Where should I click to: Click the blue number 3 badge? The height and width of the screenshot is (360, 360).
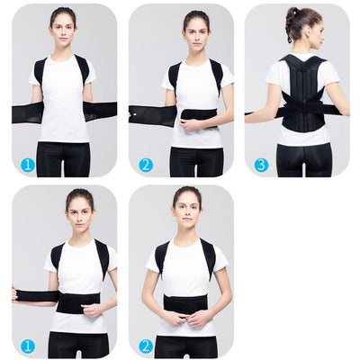click(261, 165)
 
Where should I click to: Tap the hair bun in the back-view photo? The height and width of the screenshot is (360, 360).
click(292, 13)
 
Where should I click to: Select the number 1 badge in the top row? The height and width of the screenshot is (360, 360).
click(28, 165)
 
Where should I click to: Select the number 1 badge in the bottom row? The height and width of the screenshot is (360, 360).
click(28, 346)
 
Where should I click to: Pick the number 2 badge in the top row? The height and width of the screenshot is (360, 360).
click(145, 165)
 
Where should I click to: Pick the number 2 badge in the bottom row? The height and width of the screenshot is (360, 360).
click(145, 346)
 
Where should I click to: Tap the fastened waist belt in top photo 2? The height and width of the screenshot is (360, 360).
click(198, 114)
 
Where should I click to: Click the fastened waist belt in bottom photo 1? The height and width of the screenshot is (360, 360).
click(79, 301)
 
